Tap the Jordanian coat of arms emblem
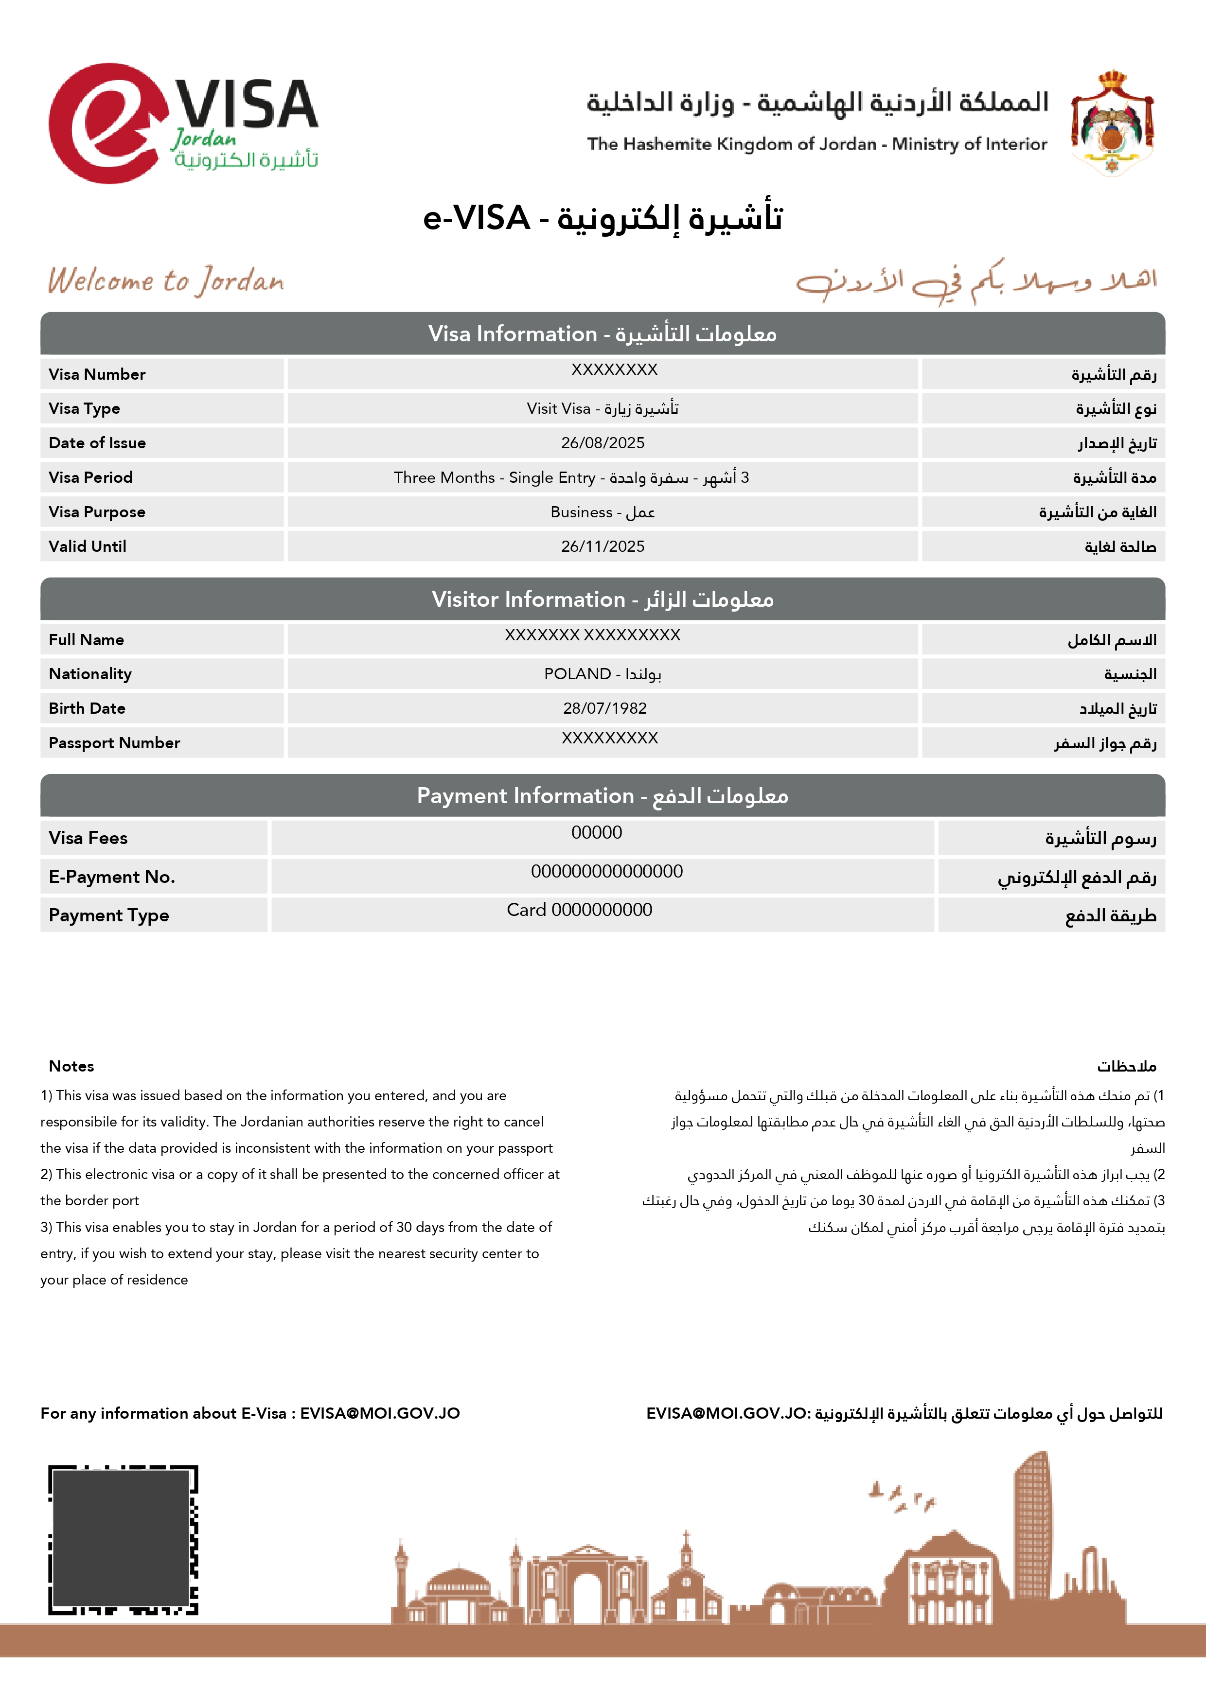tap(1112, 122)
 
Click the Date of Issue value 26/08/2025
tap(603, 443)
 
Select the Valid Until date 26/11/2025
tap(603, 546)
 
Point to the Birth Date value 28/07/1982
tap(605, 708)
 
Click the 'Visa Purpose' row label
tap(97, 512)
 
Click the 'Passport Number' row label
tap(114, 743)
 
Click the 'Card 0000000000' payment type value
tap(580, 910)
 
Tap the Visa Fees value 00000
tap(597, 832)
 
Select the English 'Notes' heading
tap(71, 1066)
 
